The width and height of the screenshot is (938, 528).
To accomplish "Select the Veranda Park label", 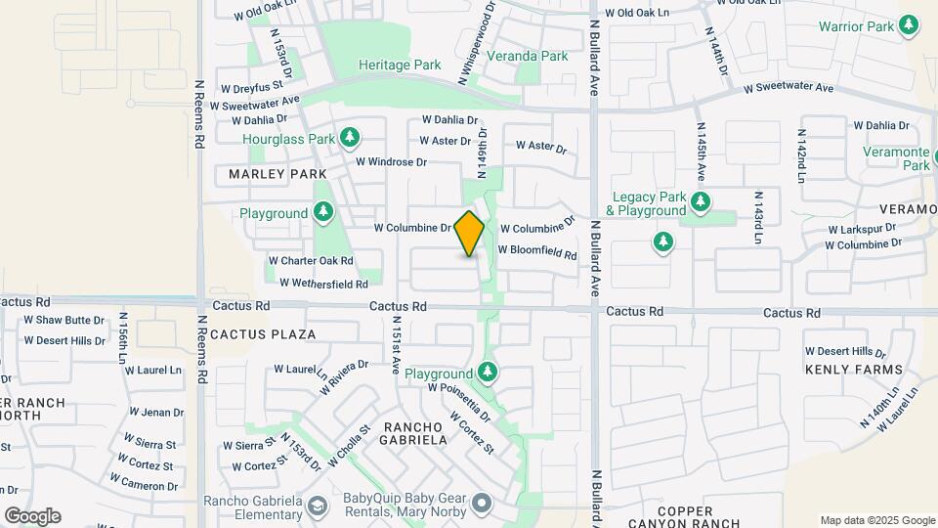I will click(528, 56).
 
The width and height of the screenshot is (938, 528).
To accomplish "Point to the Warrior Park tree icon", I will click(910, 25).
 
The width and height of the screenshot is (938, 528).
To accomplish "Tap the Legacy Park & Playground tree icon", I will click(700, 202).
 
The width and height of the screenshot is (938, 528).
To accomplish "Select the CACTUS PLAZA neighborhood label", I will click(263, 333).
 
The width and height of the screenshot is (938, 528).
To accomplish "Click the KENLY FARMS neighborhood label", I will click(853, 370).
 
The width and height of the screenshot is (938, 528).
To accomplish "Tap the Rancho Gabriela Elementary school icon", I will click(317, 506).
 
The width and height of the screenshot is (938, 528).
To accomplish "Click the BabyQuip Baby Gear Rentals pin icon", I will click(481, 506).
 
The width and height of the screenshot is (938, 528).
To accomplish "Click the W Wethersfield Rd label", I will click(323, 284).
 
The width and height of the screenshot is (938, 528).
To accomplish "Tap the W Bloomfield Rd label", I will click(537, 251).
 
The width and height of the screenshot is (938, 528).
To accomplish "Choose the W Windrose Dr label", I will click(391, 161).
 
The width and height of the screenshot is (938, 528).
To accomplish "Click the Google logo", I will click(32, 515).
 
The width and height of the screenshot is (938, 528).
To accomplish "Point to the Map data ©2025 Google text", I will click(877, 520).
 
